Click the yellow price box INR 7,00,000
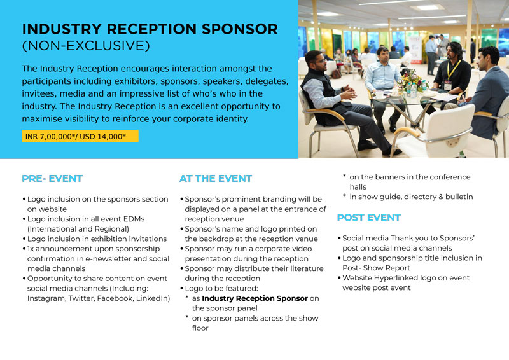pos(80,136)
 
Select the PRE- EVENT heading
pos(52,179)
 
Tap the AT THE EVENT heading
pos(216,179)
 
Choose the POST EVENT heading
pos(369,218)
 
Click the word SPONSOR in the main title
pos(240,29)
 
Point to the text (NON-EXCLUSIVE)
pos(86,46)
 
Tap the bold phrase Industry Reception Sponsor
pos(254,298)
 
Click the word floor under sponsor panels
pos(200,328)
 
